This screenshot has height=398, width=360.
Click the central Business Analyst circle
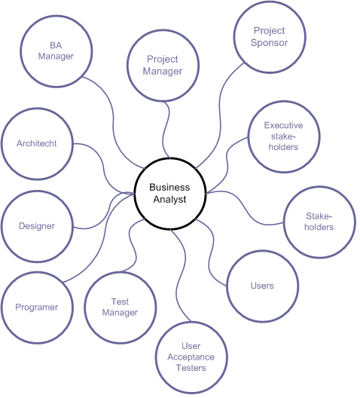coord(169,193)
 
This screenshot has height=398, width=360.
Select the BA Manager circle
coord(56,51)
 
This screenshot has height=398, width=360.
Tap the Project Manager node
coord(164,66)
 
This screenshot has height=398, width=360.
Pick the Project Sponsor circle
coord(269,37)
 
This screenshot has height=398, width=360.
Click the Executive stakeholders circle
coord(282,136)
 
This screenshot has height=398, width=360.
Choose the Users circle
coord(261,286)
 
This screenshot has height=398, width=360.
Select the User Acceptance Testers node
coord(191,357)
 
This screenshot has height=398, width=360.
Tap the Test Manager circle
coord(121,308)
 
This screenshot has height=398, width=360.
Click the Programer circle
coord(37,307)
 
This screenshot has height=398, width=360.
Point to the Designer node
coord(36,226)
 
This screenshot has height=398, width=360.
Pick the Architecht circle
coord(36,143)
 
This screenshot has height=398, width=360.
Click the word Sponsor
coord(269,43)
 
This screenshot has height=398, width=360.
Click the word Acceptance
coord(191,357)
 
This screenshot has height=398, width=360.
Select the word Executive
coord(282,126)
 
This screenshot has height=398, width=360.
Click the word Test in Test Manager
coord(121,302)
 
